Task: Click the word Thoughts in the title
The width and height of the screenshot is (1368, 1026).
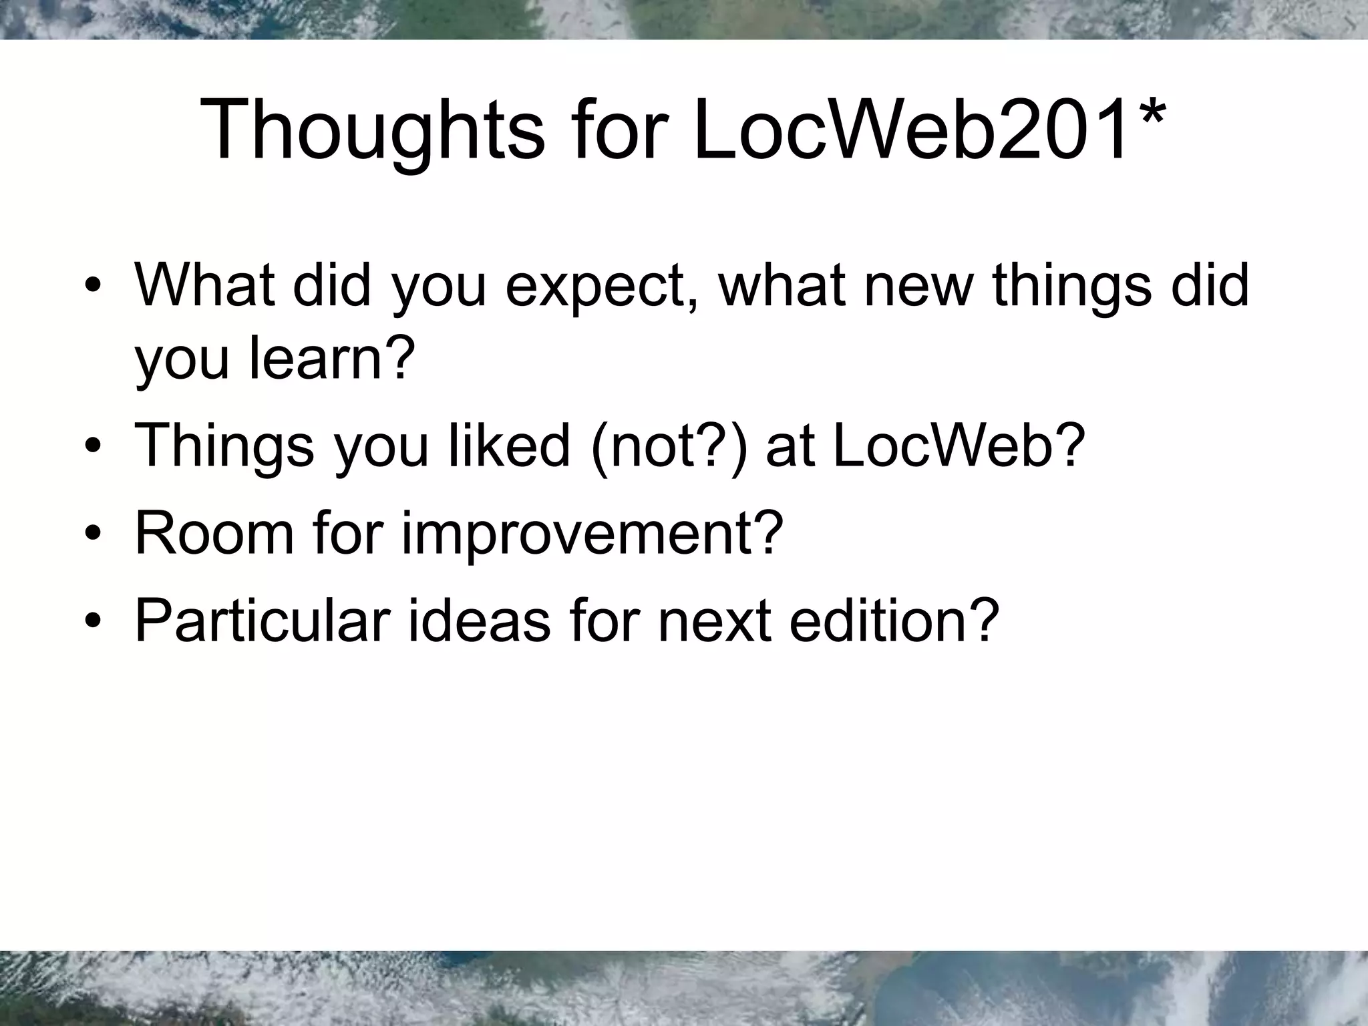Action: coord(371,130)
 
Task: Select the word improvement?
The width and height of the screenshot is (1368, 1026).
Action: coord(592,534)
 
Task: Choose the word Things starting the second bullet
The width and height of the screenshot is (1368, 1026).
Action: coord(224,447)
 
